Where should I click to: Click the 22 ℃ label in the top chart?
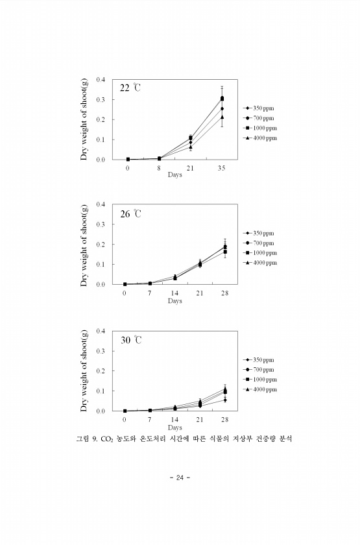click(x=130, y=88)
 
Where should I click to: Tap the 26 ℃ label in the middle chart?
click(x=130, y=214)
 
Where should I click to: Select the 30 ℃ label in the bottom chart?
click(x=131, y=340)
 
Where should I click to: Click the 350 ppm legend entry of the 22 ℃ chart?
click(x=259, y=108)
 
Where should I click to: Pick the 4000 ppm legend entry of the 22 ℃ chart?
click(x=260, y=138)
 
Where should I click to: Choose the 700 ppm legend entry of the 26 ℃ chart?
click(x=259, y=243)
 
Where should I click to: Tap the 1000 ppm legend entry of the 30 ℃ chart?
click(x=260, y=380)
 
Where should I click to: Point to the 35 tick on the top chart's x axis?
click(x=221, y=168)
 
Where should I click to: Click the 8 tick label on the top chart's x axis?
click(x=159, y=168)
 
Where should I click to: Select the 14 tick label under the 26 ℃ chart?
click(x=174, y=293)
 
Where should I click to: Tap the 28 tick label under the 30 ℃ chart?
click(x=224, y=420)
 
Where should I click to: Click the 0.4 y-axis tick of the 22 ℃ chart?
click(x=101, y=80)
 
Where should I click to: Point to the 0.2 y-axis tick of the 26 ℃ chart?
click(x=101, y=245)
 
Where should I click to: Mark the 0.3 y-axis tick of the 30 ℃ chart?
click(x=101, y=351)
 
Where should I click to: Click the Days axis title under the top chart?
click(x=174, y=175)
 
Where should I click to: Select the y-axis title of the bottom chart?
click(x=84, y=370)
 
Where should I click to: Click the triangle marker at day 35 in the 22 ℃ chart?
click(x=222, y=117)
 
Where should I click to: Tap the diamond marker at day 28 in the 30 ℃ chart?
click(x=225, y=400)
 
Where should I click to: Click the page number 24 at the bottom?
click(x=180, y=478)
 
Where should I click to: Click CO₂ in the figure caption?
click(x=105, y=439)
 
